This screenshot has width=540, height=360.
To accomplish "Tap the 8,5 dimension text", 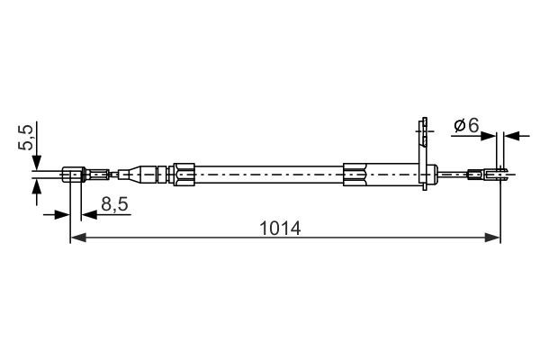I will [114, 205].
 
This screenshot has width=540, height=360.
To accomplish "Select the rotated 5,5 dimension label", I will [28, 139].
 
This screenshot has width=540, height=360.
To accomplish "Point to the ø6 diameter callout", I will [465, 126].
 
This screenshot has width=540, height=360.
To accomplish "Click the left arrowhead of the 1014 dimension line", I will [76, 238].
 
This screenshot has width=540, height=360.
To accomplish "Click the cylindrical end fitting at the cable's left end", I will [75, 174].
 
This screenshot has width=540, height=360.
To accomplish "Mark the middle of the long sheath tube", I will [270, 173].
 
